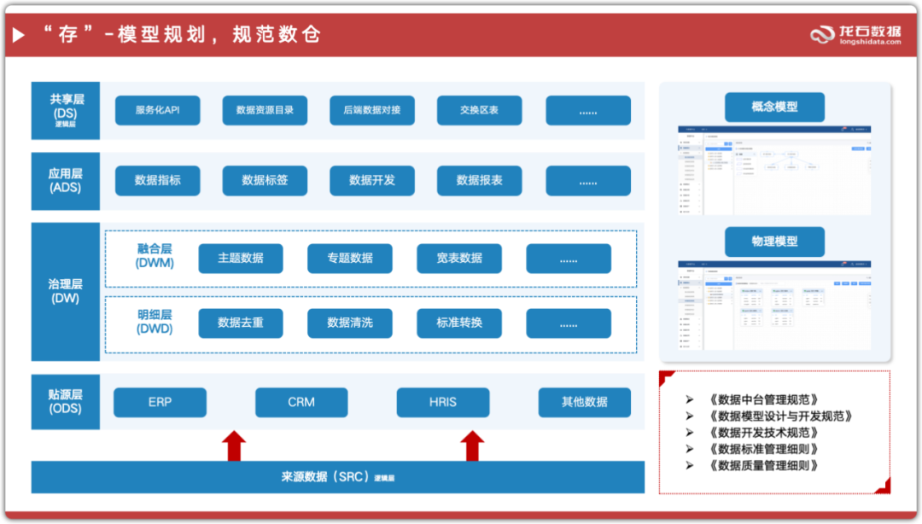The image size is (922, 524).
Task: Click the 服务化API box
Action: [x=157, y=110]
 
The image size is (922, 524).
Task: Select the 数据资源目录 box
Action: [x=265, y=110]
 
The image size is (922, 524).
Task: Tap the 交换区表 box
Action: [x=479, y=110]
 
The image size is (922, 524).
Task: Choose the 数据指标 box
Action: [x=157, y=180]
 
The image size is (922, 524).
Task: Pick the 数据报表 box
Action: [x=479, y=180]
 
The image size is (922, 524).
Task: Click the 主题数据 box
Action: [x=241, y=258]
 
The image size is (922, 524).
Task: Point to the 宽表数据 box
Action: [x=459, y=258]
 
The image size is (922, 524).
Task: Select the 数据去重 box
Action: [x=241, y=323]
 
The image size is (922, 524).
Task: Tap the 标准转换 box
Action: [x=459, y=323]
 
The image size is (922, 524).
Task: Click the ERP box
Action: [x=160, y=402]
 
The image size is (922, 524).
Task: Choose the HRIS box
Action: [x=443, y=402]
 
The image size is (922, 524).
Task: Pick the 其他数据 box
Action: [x=585, y=402]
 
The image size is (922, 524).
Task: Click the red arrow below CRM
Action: [x=234, y=445]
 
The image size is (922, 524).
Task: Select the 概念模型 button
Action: [x=774, y=107]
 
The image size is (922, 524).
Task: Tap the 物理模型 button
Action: [x=774, y=242]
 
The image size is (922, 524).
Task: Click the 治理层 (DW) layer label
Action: [x=65, y=291]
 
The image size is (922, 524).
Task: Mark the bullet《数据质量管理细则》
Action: [x=763, y=465]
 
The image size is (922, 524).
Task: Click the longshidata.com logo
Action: [x=855, y=35]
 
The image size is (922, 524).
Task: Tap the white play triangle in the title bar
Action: [x=18, y=35]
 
